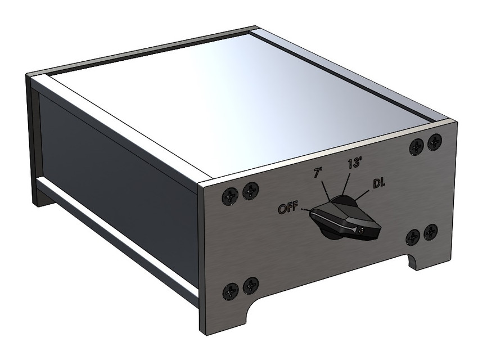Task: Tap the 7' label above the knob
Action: [318, 174]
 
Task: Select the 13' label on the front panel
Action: [354, 164]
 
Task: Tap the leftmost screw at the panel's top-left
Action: [231, 196]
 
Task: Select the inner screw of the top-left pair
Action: [250, 192]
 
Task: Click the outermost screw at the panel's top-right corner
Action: [434, 142]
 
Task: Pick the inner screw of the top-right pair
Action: [417, 146]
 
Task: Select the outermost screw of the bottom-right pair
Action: [431, 231]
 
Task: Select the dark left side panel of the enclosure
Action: [112, 169]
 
